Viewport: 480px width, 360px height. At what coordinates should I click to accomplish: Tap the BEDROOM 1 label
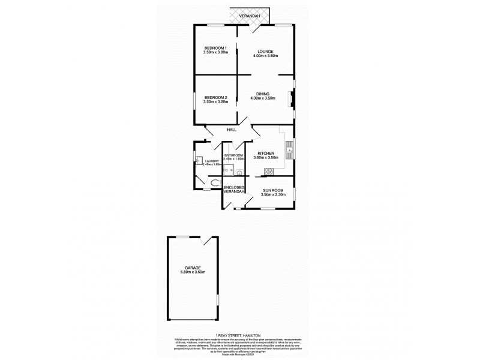(x=215, y=48)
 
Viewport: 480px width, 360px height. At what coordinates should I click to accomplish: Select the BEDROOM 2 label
(x=215, y=97)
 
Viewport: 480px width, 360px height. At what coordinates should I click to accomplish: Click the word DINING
(x=263, y=93)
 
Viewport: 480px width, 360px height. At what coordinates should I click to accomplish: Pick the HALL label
(x=232, y=130)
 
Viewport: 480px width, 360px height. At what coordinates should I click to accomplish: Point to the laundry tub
(x=197, y=160)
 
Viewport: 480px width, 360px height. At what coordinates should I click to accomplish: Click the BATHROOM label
(x=233, y=155)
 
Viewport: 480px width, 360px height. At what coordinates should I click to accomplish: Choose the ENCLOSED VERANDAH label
(x=234, y=190)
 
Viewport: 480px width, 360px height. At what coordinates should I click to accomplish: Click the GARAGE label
(x=193, y=268)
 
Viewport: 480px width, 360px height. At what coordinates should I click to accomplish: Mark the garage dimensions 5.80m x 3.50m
(x=193, y=272)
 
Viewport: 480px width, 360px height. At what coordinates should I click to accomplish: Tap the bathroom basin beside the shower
(x=239, y=173)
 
